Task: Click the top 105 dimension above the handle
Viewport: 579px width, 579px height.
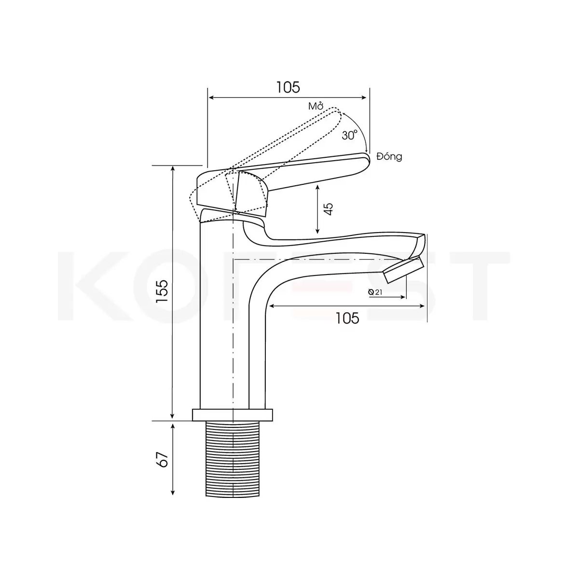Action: point(288,87)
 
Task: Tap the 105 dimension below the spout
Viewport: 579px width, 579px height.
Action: point(347,318)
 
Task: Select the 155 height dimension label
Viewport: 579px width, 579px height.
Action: point(164,291)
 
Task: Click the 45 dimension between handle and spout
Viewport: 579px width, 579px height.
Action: point(330,209)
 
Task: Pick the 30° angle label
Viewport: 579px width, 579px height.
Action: point(350,135)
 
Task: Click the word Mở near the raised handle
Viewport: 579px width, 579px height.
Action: point(316,106)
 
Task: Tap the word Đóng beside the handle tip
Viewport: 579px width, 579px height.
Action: point(389,156)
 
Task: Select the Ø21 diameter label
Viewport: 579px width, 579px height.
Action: point(375,292)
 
